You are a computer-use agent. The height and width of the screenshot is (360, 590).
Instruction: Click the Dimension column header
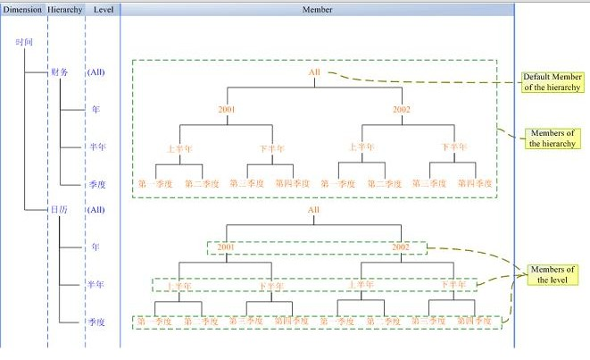pos(22,9)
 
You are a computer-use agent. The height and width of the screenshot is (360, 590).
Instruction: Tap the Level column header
pos(103,9)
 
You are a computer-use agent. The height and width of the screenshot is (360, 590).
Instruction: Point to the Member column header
pos(318,9)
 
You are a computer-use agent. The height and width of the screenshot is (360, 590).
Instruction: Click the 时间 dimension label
pos(25,42)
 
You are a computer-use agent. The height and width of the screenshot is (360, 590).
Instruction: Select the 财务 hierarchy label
pos(60,72)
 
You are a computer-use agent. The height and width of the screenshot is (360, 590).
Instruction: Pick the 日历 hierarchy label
pos(59,210)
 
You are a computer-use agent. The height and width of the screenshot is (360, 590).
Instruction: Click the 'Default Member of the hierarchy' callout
pos(553,81)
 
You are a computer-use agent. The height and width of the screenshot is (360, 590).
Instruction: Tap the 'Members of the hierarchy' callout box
pos(553,138)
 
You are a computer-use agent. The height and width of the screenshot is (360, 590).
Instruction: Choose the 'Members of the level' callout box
pos(553,274)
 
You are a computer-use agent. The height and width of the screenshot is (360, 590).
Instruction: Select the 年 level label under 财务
pos(96,110)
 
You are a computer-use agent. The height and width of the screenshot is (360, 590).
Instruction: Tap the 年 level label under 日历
pos(96,246)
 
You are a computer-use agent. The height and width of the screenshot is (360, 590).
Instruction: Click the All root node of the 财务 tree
pos(314,72)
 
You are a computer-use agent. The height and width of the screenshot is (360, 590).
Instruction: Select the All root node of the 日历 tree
pos(313,210)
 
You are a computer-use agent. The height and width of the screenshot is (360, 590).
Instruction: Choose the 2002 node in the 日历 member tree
pos(401,246)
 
